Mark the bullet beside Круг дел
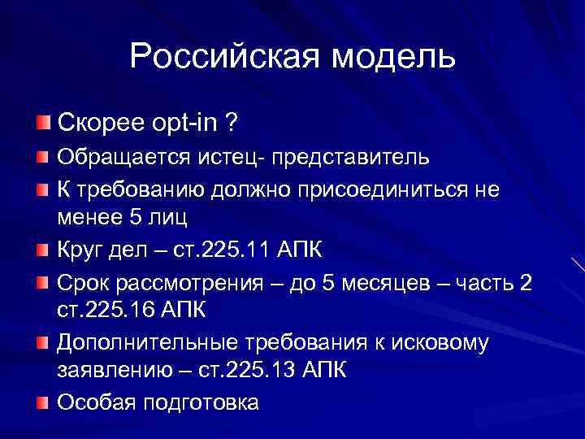(x=42, y=249)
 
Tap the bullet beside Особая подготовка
(x=42, y=402)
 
